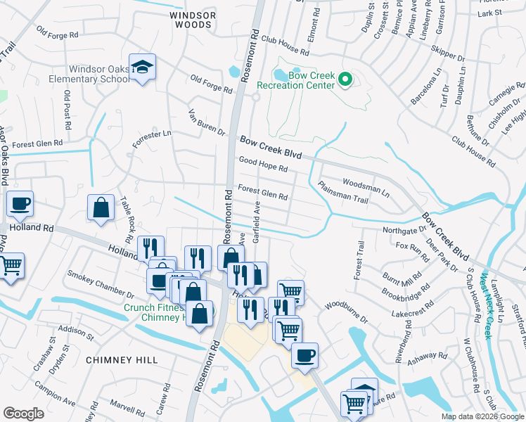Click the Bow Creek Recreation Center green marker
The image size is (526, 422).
click(x=345, y=79)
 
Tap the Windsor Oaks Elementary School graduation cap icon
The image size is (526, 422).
click(x=143, y=68)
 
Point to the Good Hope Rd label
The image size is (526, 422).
click(x=264, y=165)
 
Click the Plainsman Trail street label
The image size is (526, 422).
click(x=343, y=192)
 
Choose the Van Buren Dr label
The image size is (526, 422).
click(x=206, y=122)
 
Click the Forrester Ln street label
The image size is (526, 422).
click(x=152, y=139)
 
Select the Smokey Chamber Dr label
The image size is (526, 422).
click(x=100, y=283)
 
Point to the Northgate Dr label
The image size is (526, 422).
click(x=404, y=229)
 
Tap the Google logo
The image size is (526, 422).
click(x=23, y=413)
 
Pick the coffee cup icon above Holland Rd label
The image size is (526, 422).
click(x=20, y=204)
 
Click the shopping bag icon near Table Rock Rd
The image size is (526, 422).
click(x=101, y=207)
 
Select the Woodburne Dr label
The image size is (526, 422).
click(x=347, y=312)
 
